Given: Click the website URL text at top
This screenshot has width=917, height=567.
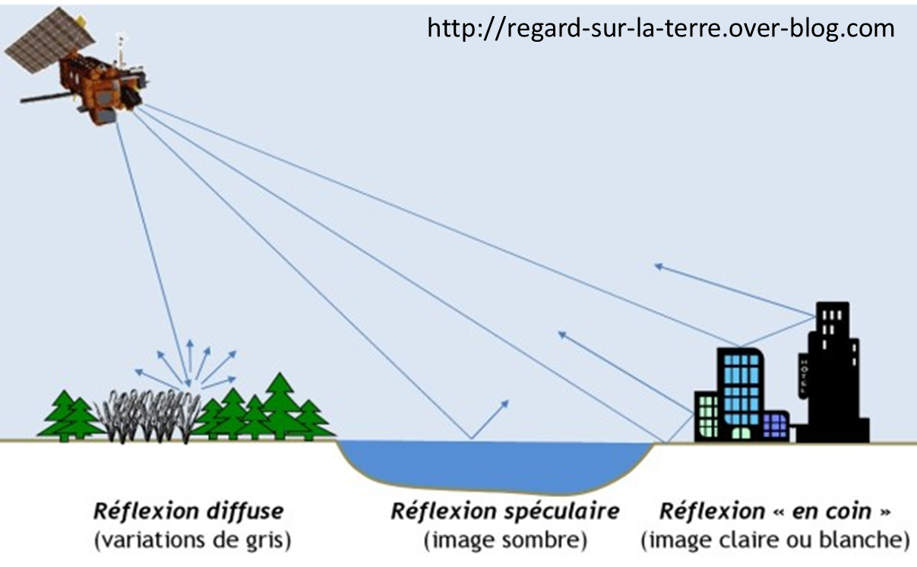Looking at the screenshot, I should [x=661, y=28].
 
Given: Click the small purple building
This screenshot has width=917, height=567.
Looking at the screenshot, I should [x=775, y=426].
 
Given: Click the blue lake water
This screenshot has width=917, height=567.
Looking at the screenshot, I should [x=494, y=464].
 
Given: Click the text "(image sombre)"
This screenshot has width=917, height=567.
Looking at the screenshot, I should [x=505, y=540].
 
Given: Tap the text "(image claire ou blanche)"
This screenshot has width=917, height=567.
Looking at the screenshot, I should [x=775, y=540].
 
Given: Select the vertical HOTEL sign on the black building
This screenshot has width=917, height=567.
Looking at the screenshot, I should [x=803, y=375].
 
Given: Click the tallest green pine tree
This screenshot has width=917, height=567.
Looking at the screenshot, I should [x=282, y=403].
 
